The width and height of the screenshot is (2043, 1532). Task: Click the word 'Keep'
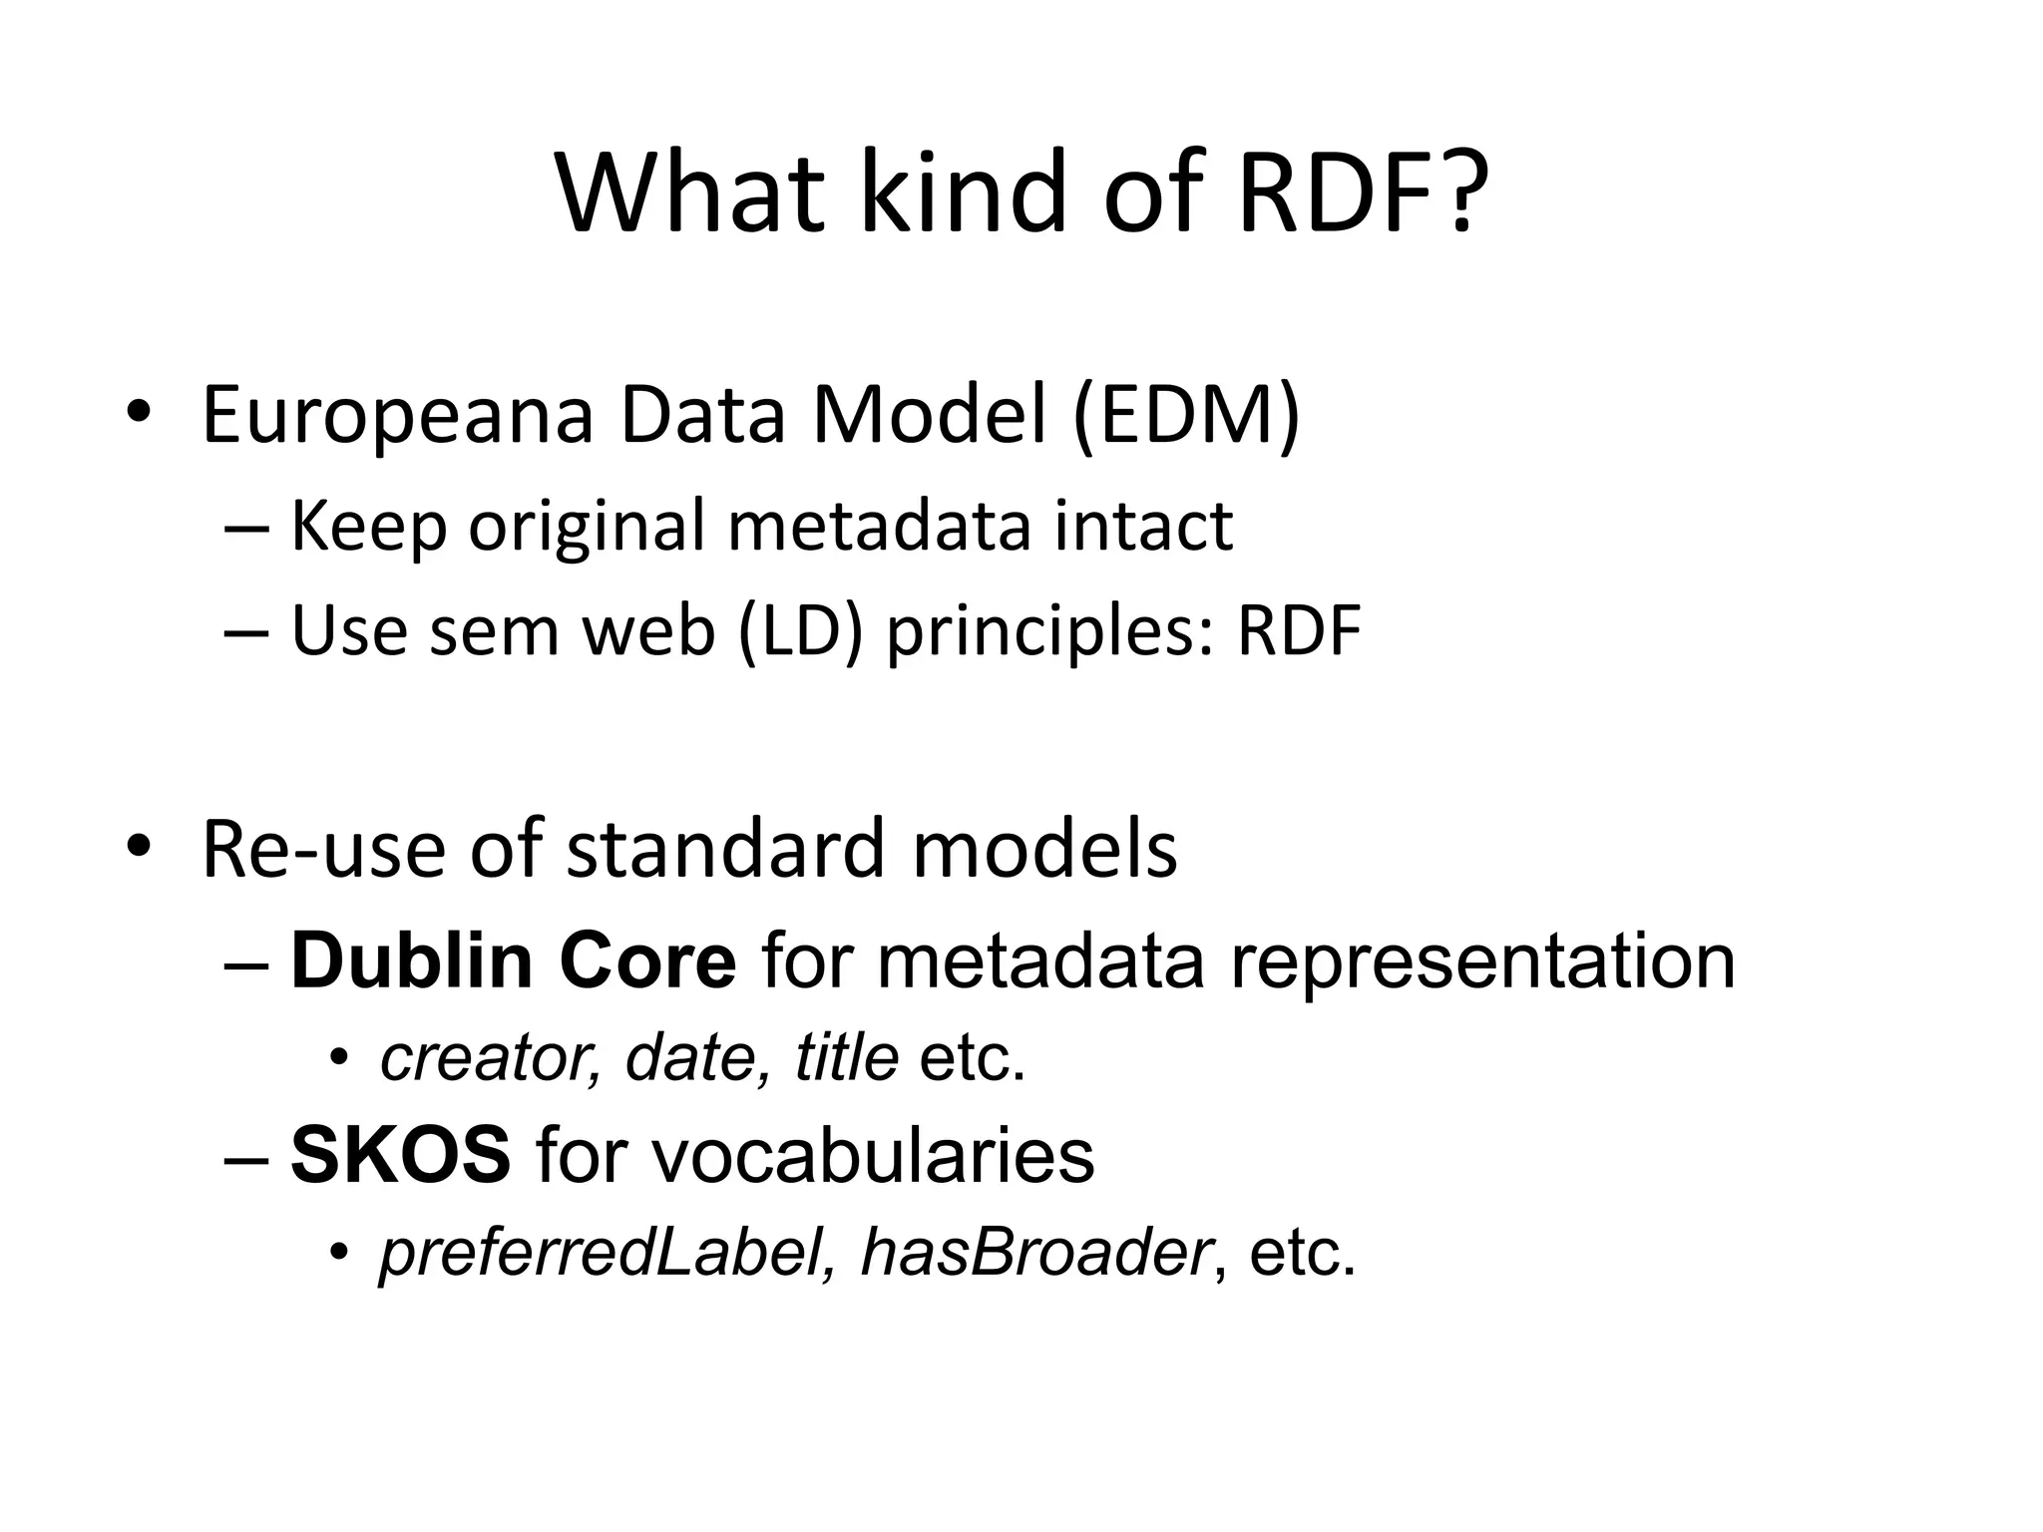pyautogui.click(x=368, y=527)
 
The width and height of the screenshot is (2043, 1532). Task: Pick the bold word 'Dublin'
pyautogui.click(x=411, y=961)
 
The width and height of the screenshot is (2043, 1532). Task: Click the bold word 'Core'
pyautogui.click(x=647, y=961)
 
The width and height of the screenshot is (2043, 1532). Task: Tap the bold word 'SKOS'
pyautogui.click(x=401, y=1156)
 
